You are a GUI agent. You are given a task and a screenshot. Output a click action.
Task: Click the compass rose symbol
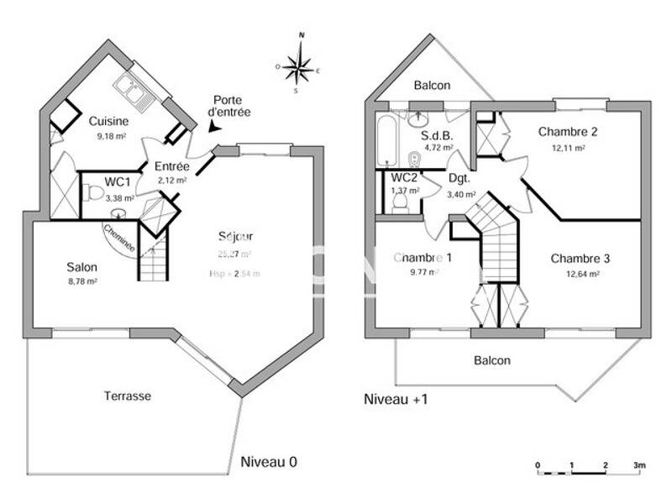298,65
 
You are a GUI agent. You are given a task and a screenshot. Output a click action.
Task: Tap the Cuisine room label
109,121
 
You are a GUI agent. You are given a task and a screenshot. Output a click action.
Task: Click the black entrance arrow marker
214,127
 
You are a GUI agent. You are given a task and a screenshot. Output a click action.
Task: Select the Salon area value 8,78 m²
83,281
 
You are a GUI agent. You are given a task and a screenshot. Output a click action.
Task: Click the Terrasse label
128,396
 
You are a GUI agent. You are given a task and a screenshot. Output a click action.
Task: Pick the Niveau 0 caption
269,462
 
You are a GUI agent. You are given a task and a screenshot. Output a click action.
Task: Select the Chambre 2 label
568,132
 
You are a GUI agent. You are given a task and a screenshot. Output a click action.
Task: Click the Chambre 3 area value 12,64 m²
580,274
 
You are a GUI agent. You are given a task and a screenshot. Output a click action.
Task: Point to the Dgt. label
459,178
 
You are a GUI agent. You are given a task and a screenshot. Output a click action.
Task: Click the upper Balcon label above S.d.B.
432,86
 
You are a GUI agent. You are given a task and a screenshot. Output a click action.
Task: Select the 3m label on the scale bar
638,465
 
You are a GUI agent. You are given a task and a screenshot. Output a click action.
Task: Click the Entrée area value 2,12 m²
173,179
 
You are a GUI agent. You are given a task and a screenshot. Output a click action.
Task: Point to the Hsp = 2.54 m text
234,274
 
